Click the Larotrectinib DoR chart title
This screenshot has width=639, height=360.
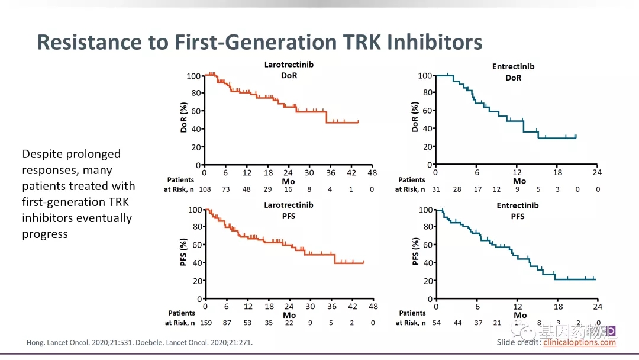pyautogui.click(x=289, y=70)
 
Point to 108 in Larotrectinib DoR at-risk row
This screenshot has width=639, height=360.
pyautogui.click(x=204, y=189)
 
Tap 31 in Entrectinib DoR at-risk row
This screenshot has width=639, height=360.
pyautogui.click(x=435, y=189)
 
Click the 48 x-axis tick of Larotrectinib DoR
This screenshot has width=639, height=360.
pyautogui.click(x=373, y=173)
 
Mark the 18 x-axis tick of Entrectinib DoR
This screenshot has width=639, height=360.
pyautogui.click(x=557, y=173)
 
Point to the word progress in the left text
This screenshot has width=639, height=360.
pyautogui.click(x=45, y=234)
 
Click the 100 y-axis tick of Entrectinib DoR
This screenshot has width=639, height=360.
pyautogui.click(x=424, y=76)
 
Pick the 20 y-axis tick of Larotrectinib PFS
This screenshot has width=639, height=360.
pyautogui.click(x=196, y=281)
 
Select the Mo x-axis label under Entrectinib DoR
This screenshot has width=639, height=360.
pyautogui.click(x=519, y=181)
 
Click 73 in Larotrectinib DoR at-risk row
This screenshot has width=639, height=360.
pyautogui.click(x=225, y=189)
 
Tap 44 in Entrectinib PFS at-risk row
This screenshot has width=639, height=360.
pyautogui.click(x=457, y=323)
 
